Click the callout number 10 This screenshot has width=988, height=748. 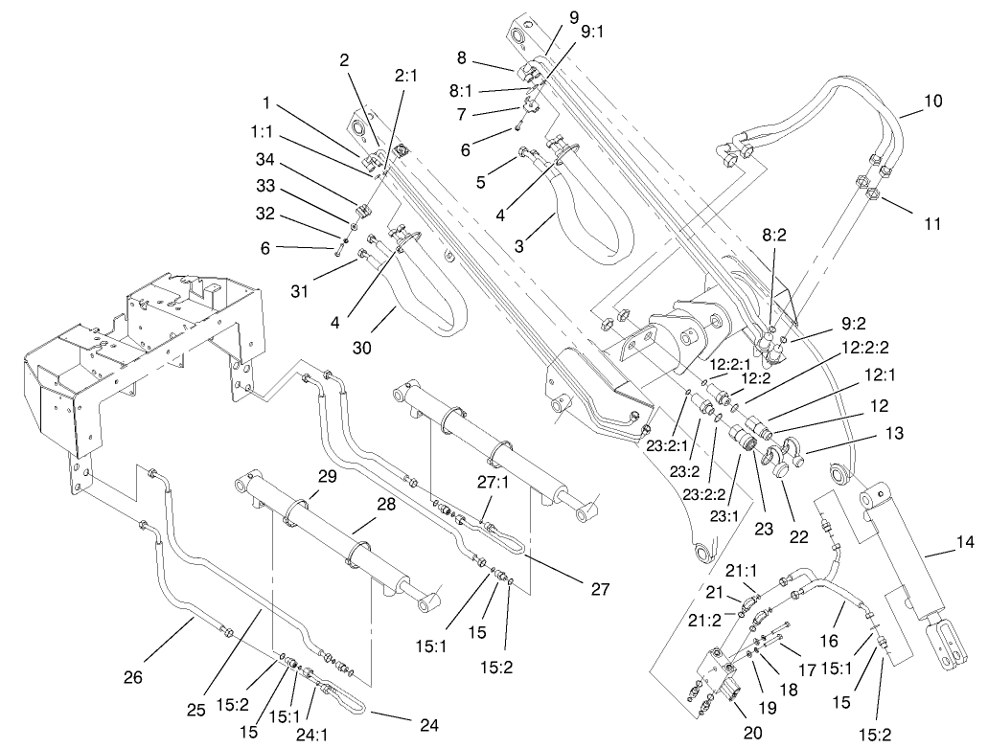933,100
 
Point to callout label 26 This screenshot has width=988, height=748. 133,678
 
